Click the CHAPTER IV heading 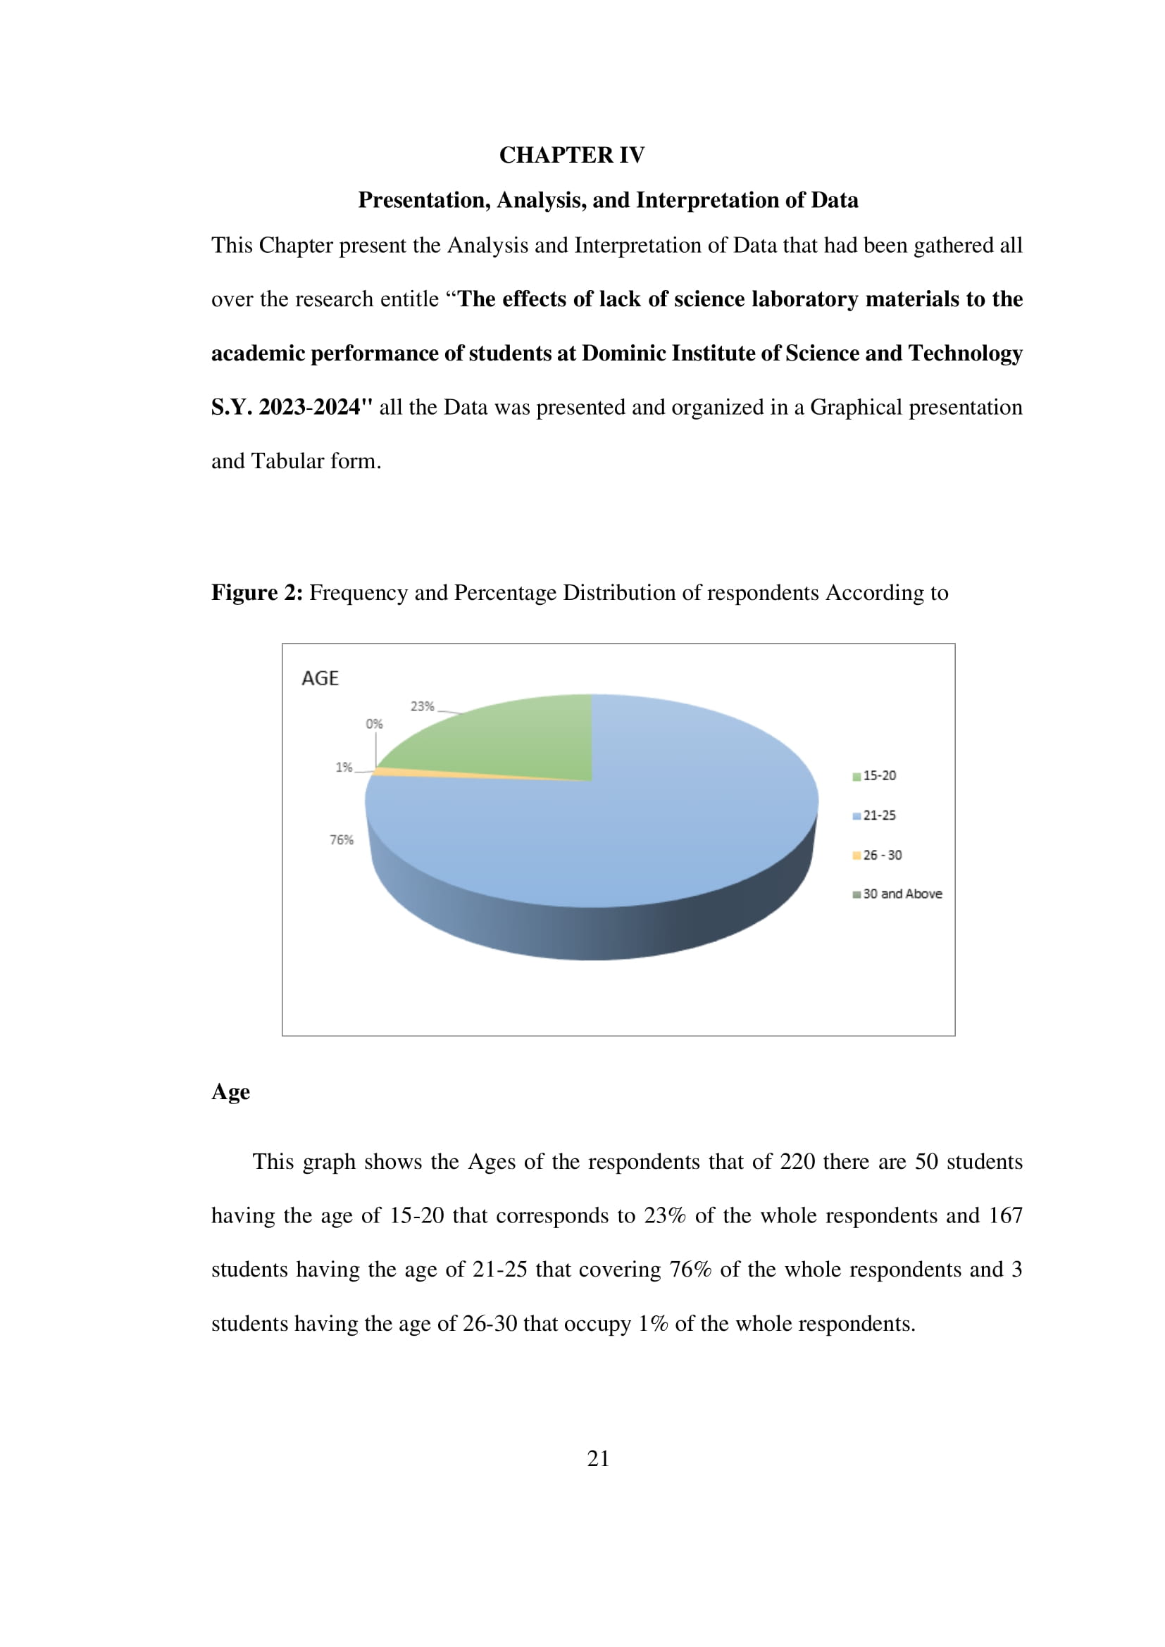coord(572,155)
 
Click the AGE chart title coord(320,678)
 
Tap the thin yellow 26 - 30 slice coord(430,773)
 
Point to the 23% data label coord(422,706)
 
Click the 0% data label coord(375,724)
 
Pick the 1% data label coord(344,767)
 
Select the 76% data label coord(342,839)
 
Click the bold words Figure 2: coord(257,592)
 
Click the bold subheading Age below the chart coord(230,1092)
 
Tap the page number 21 coord(598,1458)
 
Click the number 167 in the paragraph coord(1005,1215)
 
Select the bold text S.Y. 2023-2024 coord(292,407)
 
